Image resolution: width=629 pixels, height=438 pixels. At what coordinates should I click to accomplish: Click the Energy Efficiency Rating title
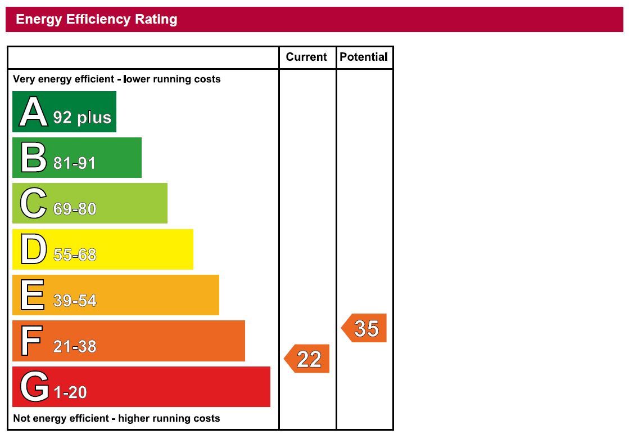click(97, 19)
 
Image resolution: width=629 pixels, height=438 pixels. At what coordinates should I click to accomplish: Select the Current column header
click(306, 57)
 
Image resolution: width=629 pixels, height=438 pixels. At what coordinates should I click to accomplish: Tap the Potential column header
click(364, 57)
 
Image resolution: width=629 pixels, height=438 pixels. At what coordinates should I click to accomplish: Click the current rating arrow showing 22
click(307, 359)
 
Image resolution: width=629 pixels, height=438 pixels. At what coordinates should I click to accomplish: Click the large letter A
click(33, 112)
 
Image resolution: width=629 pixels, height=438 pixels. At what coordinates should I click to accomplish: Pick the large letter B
click(33, 158)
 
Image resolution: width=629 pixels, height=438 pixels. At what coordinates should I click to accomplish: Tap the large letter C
click(33, 203)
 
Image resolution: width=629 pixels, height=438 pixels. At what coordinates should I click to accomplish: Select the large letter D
click(33, 249)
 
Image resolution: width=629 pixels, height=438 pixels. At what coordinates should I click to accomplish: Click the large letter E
click(33, 295)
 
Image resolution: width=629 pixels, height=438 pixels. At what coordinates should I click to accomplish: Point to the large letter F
click(32, 341)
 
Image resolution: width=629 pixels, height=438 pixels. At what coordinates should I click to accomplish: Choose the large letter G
click(34, 387)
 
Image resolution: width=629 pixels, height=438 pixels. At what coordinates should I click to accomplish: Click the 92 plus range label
click(82, 117)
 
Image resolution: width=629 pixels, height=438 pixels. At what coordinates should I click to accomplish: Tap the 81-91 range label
click(75, 163)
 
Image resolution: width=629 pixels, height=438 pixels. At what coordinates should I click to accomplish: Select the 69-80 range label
click(75, 209)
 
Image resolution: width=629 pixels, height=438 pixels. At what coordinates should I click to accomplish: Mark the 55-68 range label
click(75, 255)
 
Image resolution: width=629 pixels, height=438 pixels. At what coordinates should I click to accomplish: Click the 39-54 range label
click(75, 301)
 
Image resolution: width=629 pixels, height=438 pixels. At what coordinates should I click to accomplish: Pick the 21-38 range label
click(75, 346)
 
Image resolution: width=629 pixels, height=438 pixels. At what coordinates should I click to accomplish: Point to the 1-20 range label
click(70, 392)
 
